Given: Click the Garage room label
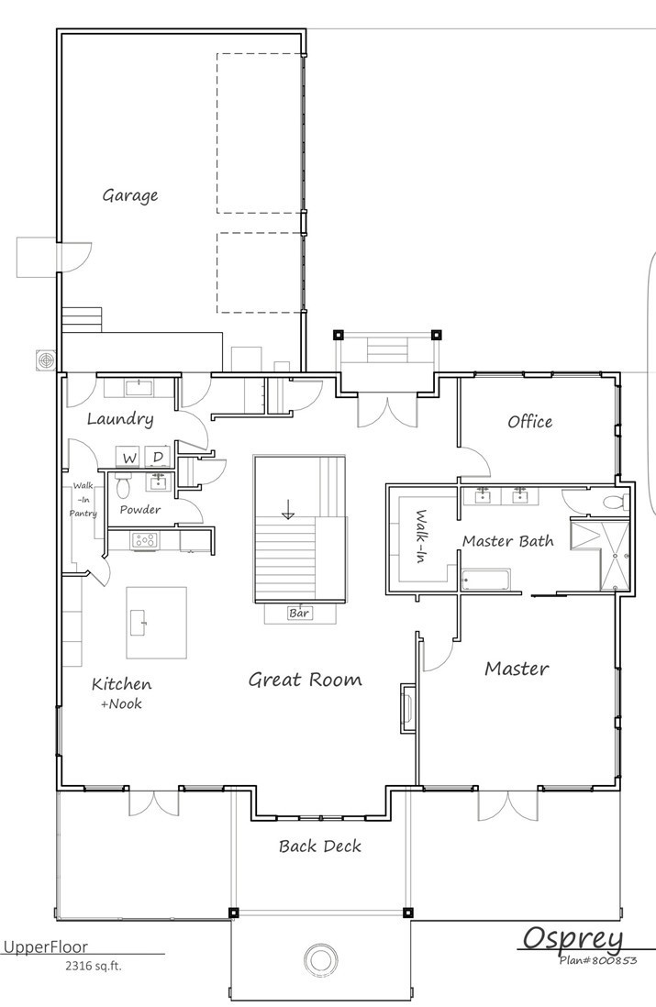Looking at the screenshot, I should [x=129, y=195].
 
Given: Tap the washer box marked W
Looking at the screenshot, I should [x=129, y=457].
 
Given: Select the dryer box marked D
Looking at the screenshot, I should [x=158, y=457].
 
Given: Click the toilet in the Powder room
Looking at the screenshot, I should [x=125, y=483].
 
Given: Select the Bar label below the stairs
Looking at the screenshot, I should [x=299, y=613].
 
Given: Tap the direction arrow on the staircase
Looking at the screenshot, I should [x=288, y=508].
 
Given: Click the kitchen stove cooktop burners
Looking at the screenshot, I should [x=145, y=540].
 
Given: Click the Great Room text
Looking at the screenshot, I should [x=305, y=680].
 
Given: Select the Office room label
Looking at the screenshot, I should [x=529, y=422].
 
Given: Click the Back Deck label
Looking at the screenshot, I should [x=319, y=847].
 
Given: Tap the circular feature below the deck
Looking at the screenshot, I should [x=319, y=959].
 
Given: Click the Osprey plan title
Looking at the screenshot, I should [x=573, y=938].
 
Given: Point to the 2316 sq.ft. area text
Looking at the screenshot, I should [x=93, y=966].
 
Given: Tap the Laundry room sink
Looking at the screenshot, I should [x=139, y=385].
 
